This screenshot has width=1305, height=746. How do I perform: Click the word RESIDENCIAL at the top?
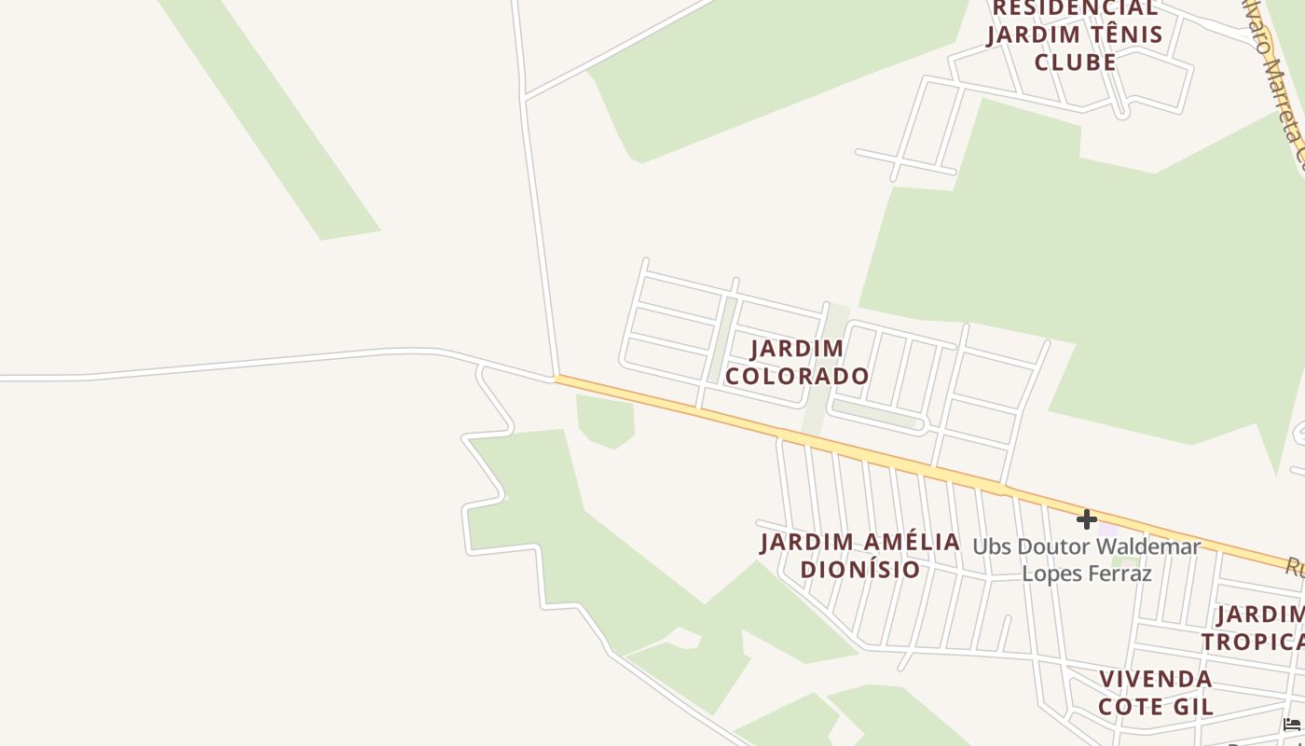click(x=1074, y=8)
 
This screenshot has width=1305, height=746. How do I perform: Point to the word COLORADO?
click(x=798, y=376)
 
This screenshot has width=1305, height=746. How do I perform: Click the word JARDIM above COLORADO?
click(x=797, y=349)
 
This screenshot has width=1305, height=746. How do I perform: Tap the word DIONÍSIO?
click(x=860, y=569)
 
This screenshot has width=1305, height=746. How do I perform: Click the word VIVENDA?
click(x=1156, y=679)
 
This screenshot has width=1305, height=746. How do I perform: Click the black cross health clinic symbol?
click(x=1086, y=519)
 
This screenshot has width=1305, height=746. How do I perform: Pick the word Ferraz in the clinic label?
click(x=1122, y=573)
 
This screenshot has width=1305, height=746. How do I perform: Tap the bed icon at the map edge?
click(x=1292, y=725)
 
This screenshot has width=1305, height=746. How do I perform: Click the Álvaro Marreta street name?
click(x=1274, y=84)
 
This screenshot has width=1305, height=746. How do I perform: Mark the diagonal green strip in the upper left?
click(x=270, y=121)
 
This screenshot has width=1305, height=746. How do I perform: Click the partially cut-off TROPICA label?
click(x=1254, y=642)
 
